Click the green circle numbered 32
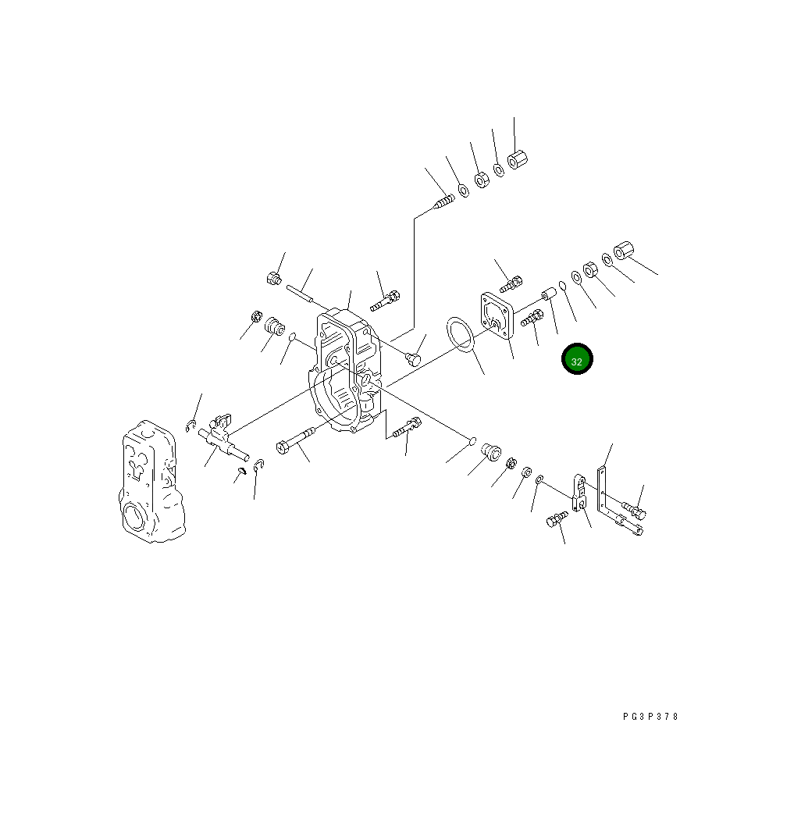(x=577, y=359)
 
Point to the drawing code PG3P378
(x=650, y=717)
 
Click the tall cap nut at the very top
(x=516, y=161)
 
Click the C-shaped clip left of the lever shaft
(x=190, y=426)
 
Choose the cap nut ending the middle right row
(x=624, y=251)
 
